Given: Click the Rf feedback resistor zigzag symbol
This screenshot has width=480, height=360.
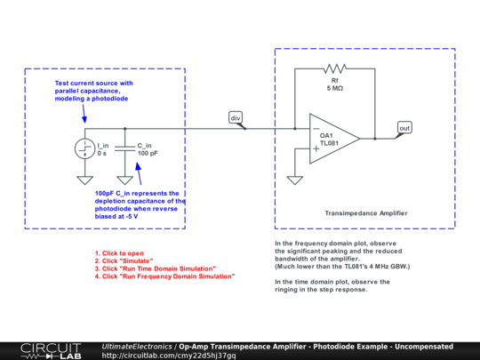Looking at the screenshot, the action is [x=334, y=68].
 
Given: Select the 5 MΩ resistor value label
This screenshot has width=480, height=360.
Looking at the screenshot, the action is [x=334, y=89].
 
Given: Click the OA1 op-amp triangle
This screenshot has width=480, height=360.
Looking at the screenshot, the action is [x=334, y=139].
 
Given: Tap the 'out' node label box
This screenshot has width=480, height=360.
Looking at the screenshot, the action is [x=404, y=128].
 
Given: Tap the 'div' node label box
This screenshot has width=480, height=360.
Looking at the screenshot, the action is [x=236, y=117].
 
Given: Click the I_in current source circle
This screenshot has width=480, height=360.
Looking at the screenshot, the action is [x=84, y=148].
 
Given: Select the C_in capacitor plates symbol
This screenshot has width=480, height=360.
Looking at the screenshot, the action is [x=124, y=148].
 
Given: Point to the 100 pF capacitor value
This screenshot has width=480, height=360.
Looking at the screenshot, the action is [x=148, y=154].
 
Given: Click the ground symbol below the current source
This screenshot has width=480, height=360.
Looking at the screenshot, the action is [x=84, y=180].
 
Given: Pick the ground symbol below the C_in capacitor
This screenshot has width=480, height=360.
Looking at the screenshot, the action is [x=124, y=180].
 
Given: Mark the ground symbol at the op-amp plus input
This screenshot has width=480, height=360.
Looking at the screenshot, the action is [x=295, y=180].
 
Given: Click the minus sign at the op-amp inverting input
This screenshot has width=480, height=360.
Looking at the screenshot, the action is [x=316, y=129].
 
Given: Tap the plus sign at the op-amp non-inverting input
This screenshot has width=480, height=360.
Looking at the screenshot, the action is [x=316, y=148].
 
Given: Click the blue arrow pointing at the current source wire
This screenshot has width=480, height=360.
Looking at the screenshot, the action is [x=84, y=114].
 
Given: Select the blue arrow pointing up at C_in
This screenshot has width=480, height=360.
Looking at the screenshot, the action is [x=139, y=173].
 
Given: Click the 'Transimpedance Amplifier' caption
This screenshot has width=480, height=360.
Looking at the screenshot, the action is [x=366, y=213].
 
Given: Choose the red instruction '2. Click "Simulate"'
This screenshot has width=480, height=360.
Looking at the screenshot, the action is [x=124, y=260].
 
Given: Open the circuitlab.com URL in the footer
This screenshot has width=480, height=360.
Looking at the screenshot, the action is [x=169, y=356].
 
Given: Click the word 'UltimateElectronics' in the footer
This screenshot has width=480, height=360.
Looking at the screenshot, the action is [x=137, y=347].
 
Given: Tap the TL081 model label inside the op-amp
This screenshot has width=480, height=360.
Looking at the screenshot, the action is [x=330, y=143].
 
